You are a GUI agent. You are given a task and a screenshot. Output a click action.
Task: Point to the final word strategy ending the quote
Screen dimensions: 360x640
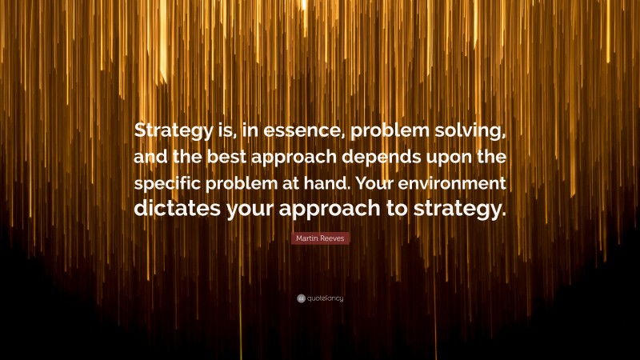coord(462,211)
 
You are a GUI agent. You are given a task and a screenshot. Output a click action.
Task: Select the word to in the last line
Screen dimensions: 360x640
coord(395,210)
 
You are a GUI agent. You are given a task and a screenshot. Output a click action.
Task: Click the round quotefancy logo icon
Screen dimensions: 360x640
coord(301,298)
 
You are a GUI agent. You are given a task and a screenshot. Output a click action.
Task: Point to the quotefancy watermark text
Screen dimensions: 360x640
coord(326,298)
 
